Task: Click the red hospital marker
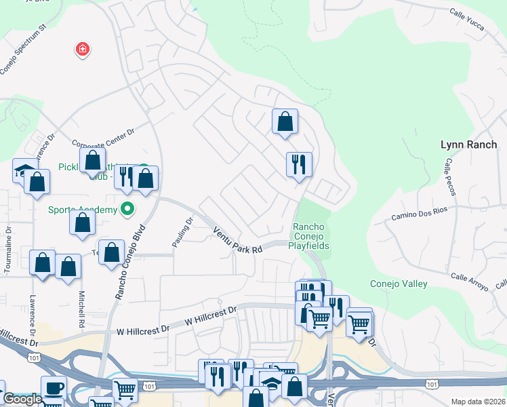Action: point(82,50)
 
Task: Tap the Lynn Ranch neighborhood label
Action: point(468,144)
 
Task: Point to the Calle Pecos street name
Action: point(448,177)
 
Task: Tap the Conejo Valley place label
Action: point(398,284)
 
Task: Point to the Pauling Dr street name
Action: point(181,230)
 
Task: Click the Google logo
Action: point(22,399)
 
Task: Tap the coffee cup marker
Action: point(54,388)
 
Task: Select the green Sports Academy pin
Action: point(127,209)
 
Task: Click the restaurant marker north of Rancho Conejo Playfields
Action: point(299,164)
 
